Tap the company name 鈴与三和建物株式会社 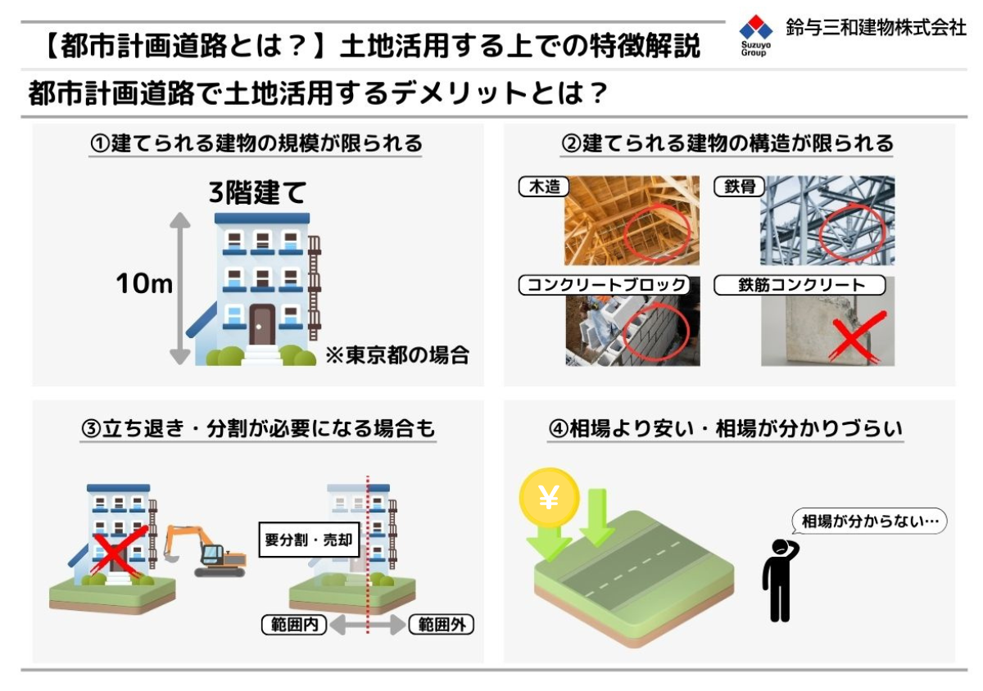[x=876, y=27]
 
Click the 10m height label [x=144, y=283]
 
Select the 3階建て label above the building [x=257, y=192]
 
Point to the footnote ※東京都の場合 [x=397, y=355]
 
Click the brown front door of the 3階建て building [x=262, y=324]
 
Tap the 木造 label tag [x=544, y=187]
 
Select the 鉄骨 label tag [x=740, y=187]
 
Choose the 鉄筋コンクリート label [x=800, y=285]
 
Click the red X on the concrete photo [x=858, y=338]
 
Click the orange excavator [x=205, y=550]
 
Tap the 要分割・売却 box [x=309, y=540]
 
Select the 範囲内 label [x=294, y=625]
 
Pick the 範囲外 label [x=442, y=625]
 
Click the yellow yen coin [x=549, y=498]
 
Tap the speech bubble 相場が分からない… [x=869, y=522]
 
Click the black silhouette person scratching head [x=780, y=580]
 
